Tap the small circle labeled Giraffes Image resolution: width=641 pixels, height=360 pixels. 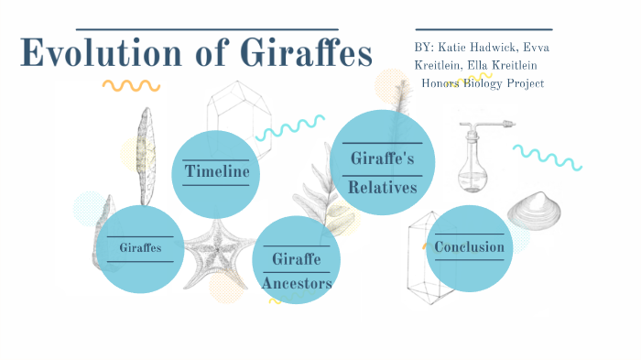(140, 247)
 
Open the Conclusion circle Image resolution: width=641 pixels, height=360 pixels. (469, 246)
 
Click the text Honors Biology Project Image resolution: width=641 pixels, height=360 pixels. (483, 83)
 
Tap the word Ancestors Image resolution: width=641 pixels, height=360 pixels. (296, 283)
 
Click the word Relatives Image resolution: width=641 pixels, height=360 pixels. (382, 187)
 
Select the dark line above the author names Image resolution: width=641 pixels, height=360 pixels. (483, 29)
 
